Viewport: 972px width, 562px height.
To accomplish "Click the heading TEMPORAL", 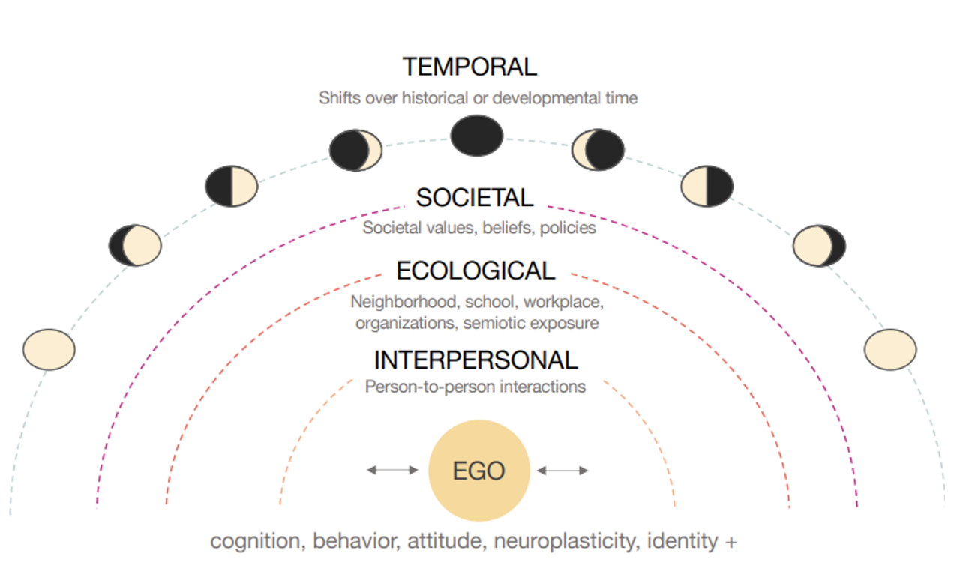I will coord(469,67).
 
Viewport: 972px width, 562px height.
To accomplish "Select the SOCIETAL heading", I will coord(475,198).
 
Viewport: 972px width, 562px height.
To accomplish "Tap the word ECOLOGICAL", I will coord(475,271).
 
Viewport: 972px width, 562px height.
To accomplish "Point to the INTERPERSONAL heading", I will coord(475,360).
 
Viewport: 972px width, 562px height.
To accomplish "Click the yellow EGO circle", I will coord(478,471).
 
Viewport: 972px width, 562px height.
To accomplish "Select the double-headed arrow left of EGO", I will coord(391,470).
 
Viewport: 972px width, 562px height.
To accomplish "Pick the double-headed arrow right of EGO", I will coord(562,470).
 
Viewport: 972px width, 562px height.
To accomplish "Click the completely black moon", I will coord(476,136).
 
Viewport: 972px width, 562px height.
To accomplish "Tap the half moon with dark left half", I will coord(232,185).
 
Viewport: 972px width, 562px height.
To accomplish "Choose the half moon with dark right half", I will coord(706,185).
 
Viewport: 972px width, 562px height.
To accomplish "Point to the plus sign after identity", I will coord(731,541).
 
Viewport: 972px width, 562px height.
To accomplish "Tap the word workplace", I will coord(562,303).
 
